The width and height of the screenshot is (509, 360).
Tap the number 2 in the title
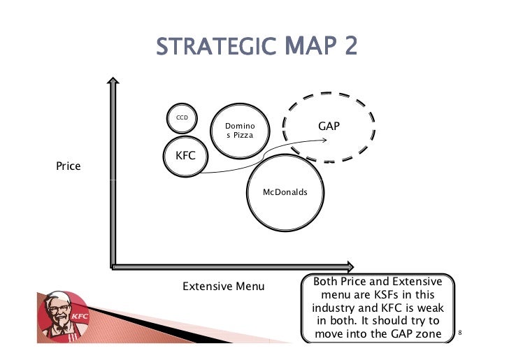(347, 48)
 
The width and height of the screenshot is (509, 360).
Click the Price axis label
(68, 166)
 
